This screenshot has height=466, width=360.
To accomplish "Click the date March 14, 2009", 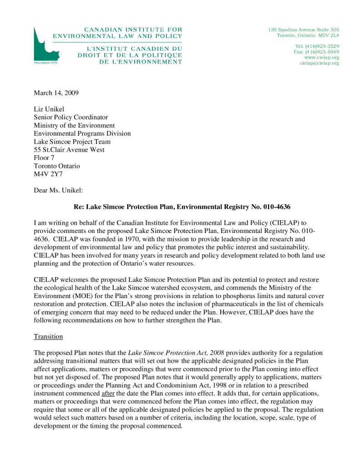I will pos(56,93).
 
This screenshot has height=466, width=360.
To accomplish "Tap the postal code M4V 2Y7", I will pos(48,174).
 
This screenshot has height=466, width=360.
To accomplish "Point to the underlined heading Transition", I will pos(48,337).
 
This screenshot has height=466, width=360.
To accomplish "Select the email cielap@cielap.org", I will pos(319,63).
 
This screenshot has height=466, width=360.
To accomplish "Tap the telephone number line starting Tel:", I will pos(317,46).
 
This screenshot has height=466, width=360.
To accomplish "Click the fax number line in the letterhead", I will pos(316,52).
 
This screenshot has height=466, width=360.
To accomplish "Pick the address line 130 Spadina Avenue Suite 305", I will pos(303,30).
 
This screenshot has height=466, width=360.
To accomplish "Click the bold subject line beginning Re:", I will pos(182,207).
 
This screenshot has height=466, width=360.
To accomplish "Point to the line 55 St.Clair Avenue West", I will pos(69,150).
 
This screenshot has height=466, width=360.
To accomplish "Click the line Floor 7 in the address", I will pos(45,158).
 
